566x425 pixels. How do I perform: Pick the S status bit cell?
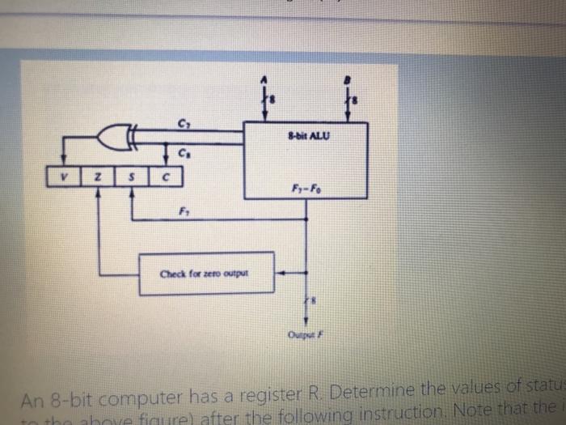click(131, 175)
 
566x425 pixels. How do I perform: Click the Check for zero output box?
click(206, 273)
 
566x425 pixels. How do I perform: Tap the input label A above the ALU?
click(261, 79)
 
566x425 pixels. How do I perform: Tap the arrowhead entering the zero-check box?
click(280, 273)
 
